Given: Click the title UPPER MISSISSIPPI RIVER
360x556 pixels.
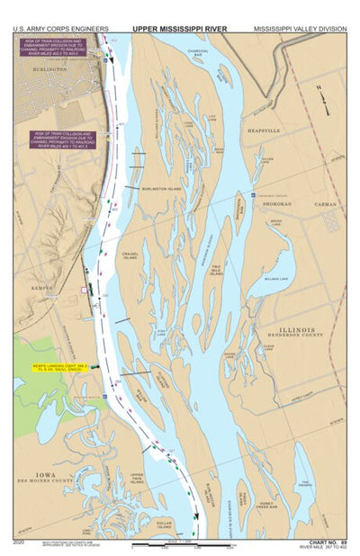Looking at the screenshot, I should click(179, 29).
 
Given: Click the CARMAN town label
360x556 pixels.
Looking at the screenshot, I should click(325, 204).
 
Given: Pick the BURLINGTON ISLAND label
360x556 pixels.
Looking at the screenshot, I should click(162, 189).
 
